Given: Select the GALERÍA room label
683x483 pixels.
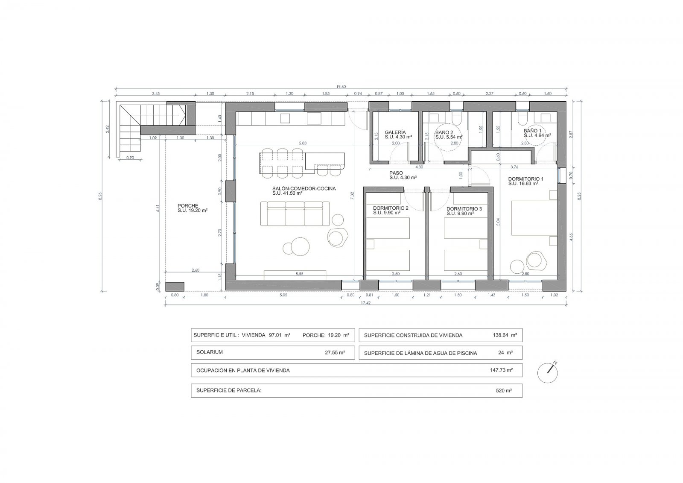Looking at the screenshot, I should point(395,132).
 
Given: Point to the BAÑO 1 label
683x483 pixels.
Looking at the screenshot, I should point(533,131).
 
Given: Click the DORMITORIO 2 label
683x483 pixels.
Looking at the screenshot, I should point(391,208).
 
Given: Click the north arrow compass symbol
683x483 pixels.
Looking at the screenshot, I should point(548,372).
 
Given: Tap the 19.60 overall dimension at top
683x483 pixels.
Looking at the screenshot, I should point(341,87).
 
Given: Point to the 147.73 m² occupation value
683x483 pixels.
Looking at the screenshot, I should point(501,370).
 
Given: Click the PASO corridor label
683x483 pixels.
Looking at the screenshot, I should point(396,173).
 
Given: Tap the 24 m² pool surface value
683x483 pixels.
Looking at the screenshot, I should point(505,353).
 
